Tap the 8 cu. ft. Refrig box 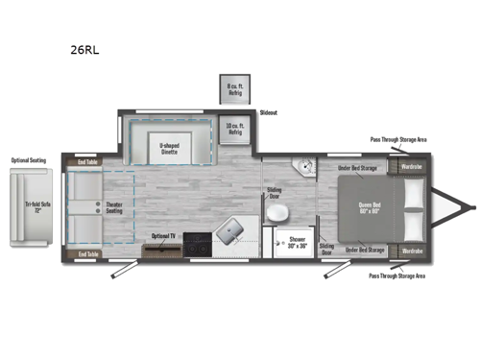tap(233, 89)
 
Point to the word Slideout tap(268, 112)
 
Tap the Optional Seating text tap(29, 160)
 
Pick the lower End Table tap(87, 253)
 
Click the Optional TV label tap(162, 235)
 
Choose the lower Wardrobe tap(411, 251)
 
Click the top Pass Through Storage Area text tap(398, 139)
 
